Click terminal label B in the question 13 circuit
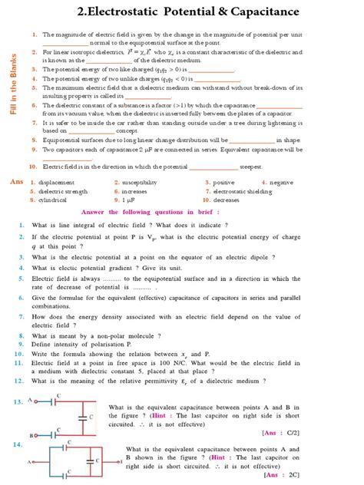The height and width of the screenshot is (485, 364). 30,435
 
